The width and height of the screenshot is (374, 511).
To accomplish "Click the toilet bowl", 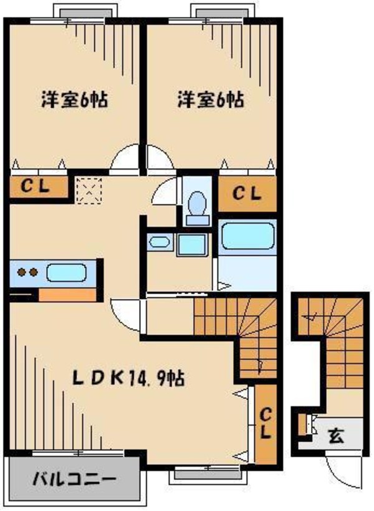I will (198, 203).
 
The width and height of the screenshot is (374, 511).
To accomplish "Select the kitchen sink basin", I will (65, 272).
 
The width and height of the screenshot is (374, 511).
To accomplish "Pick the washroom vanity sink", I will (158, 242).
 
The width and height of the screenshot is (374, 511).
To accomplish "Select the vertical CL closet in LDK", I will (266, 424).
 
